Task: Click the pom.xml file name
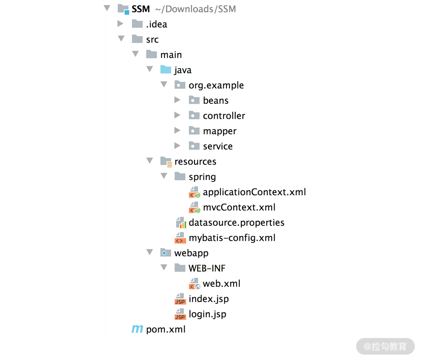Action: [166, 330]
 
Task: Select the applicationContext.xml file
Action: [254, 192]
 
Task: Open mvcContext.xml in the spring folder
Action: [239, 207]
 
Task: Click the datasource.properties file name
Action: [236, 223]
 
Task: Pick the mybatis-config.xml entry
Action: [232, 238]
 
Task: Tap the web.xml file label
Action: [222, 284]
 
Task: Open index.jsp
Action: [209, 299]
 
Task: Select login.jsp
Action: [207, 314]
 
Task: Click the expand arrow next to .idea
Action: [121, 24]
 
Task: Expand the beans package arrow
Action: [177, 100]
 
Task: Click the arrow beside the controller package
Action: [177, 115]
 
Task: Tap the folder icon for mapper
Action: [194, 131]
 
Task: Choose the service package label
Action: [218, 146]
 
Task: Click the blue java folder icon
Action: [166, 70]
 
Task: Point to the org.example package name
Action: [216, 85]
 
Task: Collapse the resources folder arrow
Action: [149, 161]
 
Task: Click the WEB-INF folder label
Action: [207, 268]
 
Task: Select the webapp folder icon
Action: [166, 253]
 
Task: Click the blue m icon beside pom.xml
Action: [137, 329]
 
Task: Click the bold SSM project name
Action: [141, 9]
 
